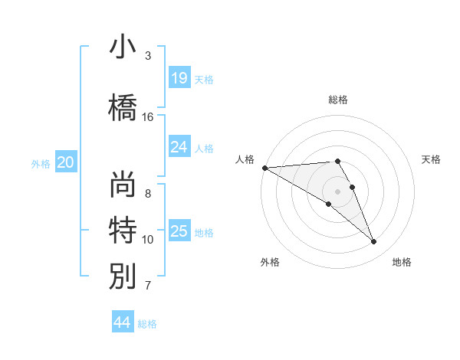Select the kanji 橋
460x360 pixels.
pos(123,106)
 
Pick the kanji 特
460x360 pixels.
pos(123,229)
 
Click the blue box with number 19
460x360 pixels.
pos(179,78)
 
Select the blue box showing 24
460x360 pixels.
pos(179,147)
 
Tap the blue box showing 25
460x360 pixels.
pos(179,231)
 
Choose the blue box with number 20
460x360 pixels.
pos(66,162)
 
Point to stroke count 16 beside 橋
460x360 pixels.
pos(148,117)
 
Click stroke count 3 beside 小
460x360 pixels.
pos(148,56)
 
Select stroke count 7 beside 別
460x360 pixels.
pos(148,286)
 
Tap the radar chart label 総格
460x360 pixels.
pos(338,100)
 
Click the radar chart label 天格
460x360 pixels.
pos(432,159)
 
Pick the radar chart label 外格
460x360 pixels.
pos(270,262)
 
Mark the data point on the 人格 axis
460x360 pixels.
pos(264,168)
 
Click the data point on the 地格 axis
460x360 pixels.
pos(373,241)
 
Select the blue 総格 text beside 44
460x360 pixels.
pos(147,323)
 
